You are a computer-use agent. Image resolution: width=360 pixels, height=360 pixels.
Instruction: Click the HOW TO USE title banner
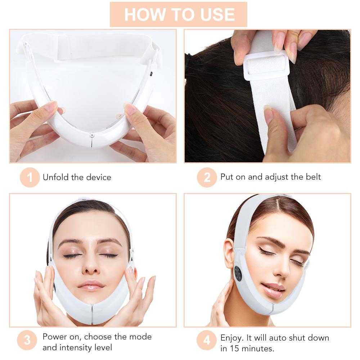pyautogui.click(x=179, y=14)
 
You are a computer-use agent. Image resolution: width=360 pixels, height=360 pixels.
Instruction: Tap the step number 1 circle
pyautogui.click(x=30, y=177)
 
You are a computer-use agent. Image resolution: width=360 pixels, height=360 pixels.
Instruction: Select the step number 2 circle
pyautogui.click(x=207, y=177)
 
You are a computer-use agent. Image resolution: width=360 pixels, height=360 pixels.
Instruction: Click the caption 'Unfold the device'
pyautogui.click(x=77, y=177)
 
